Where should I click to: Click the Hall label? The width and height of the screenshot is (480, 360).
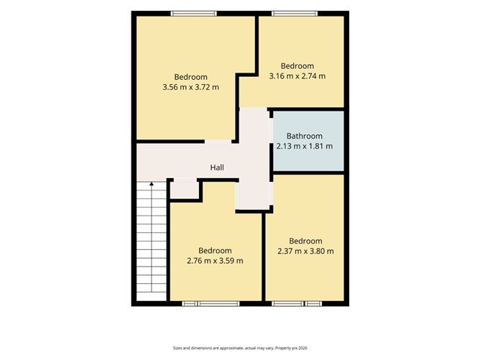click(x=217, y=167)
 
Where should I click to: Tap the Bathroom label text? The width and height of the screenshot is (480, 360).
click(x=304, y=136)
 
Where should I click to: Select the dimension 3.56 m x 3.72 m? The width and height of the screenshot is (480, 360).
click(x=190, y=87)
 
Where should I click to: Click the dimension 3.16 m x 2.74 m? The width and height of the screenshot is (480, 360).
click(x=297, y=76)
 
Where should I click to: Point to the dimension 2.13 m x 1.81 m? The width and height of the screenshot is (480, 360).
click(x=304, y=146)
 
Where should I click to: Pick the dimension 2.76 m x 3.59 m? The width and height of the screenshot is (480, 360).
click(x=215, y=261)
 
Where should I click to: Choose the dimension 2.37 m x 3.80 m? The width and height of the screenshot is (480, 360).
click(x=305, y=251)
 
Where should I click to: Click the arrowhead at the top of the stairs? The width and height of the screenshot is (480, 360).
click(x=152, y=184)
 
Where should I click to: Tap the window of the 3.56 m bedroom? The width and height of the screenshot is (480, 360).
click(x=193, y=14)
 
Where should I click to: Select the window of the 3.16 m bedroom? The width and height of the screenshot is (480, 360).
click(x=295, y=14)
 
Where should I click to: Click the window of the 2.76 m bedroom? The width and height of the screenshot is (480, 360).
click(x=211, y=304)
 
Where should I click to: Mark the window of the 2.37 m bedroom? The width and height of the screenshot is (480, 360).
click(x=297, y=304)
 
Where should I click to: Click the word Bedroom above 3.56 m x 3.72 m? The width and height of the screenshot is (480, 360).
click(x=190, y=77)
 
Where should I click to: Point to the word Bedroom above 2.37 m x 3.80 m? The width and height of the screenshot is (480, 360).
click(x=305, y=241)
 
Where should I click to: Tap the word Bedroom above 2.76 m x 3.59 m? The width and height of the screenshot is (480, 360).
click(x=215, y=251)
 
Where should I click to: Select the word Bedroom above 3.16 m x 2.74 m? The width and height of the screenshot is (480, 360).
click(x=297, y=66)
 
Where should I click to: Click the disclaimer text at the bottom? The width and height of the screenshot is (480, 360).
click(x=240, y=348)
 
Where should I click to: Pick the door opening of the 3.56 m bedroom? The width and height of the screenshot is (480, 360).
click(x=218, y=142)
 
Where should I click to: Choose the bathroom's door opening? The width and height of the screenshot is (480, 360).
click(x=271, y=130)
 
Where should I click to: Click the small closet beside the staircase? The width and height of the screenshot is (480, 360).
click(x=185, y=190)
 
